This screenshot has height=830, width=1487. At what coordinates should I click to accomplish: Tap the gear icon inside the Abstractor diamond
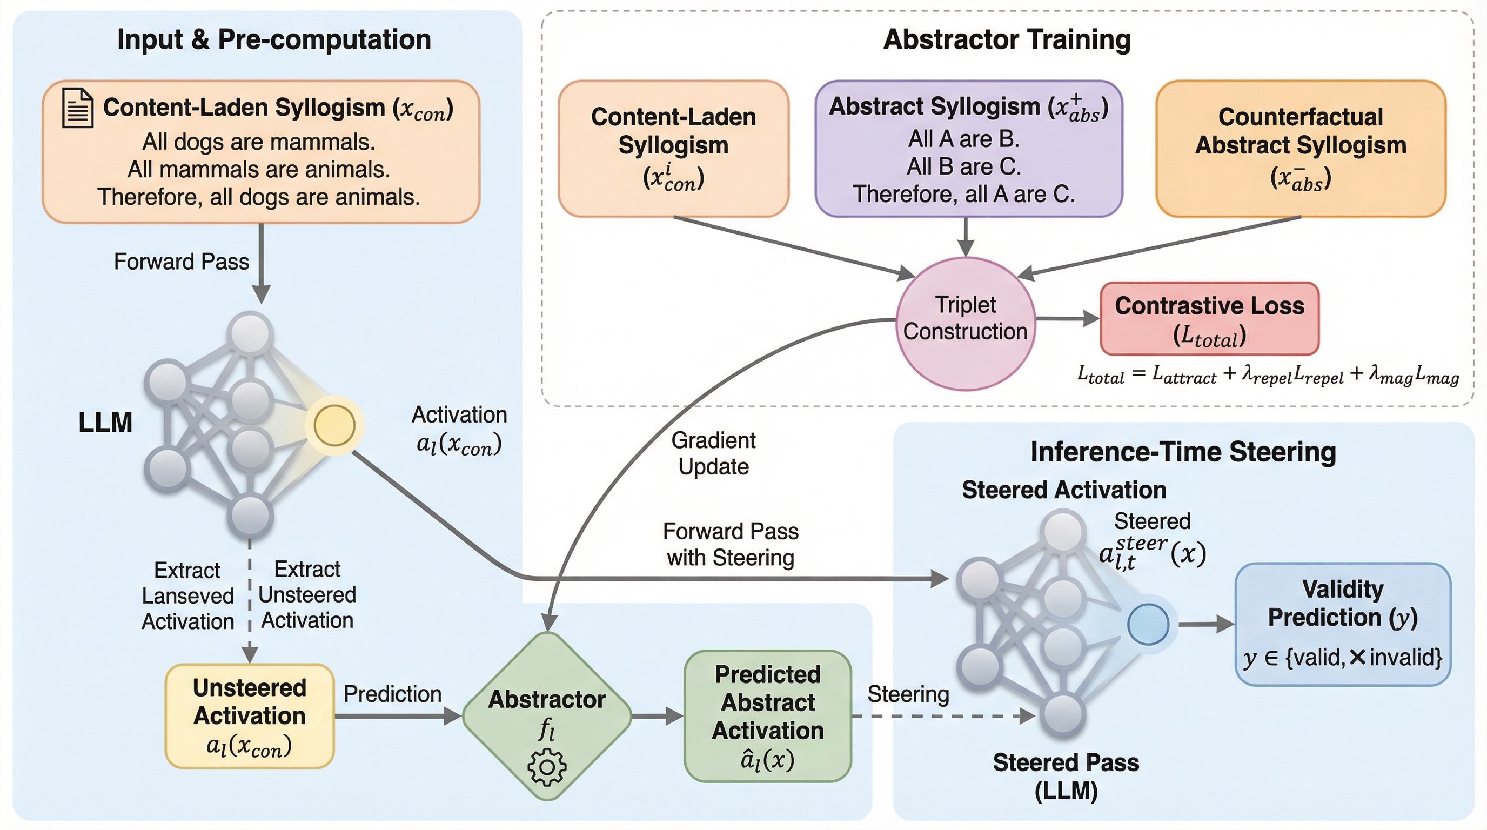tap(547, 767)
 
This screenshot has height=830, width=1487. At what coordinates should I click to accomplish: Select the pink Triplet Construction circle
tap(965, 324)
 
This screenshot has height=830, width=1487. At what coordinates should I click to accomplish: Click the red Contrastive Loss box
tap(1209, 319)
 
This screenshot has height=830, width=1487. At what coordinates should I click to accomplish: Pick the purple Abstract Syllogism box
tap(968, 149)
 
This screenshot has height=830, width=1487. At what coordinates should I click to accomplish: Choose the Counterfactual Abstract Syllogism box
tap(1301, 149)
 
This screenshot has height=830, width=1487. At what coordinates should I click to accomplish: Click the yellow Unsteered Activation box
tap(250, 716)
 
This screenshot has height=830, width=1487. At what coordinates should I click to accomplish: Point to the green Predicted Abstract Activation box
tap(768, 716)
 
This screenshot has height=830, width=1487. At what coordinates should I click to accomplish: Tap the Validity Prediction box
tap(1343, 624)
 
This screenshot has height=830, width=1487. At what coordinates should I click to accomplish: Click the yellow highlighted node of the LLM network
tap(334, 425)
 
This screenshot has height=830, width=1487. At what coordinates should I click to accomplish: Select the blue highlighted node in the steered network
tap(1148, 624)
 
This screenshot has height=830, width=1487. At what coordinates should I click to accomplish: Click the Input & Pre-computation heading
tap(274, 39)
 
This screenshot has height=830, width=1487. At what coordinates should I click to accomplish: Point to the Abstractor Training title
tap(1007, 39)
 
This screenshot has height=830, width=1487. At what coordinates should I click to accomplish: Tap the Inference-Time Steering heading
tap(1183, 451)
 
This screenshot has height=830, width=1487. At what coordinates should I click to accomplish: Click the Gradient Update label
tap(713, 453)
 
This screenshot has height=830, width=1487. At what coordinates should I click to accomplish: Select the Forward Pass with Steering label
tap(730, 544)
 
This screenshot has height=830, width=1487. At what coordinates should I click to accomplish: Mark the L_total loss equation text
tap(1268, 375)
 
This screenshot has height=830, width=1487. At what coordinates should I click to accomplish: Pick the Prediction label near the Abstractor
tap(392, 694)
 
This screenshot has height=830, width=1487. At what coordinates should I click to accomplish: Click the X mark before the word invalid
tap(1358, 657)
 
